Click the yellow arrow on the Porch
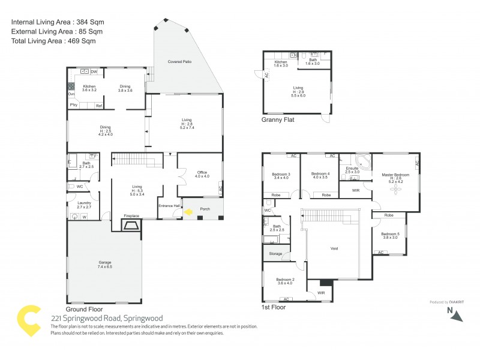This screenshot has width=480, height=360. [189, 212]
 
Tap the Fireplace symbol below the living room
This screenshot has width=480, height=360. [131, 226]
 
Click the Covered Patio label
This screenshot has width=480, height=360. [179, 61]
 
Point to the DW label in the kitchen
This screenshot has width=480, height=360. [94, 72]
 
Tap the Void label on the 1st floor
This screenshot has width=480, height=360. [334, 248]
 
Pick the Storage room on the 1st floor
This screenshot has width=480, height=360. [275, 254]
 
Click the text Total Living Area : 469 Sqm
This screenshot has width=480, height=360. [53, 41]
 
